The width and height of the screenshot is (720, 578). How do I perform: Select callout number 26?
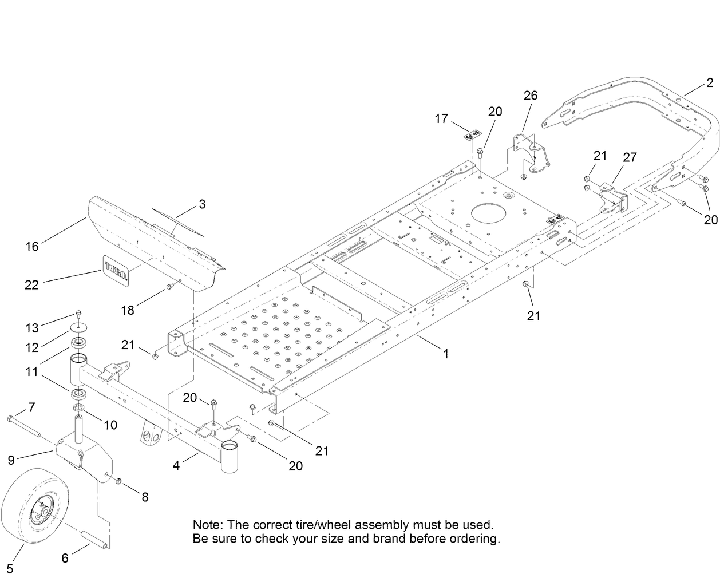531,95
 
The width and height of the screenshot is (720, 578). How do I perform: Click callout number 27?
630,157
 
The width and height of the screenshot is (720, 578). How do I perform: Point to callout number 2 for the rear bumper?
710,83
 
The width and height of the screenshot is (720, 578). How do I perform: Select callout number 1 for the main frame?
446,354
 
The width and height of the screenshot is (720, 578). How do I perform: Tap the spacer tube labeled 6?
95,539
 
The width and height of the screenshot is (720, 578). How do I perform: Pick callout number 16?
32,246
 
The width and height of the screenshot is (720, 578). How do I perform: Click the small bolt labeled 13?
78,314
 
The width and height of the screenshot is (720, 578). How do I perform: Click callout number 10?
110,425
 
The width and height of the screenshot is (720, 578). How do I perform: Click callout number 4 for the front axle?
176,466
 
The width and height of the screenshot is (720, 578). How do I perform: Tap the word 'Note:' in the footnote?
208,524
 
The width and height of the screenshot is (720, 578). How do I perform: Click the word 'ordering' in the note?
476,539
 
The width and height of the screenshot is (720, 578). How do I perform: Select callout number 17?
441,118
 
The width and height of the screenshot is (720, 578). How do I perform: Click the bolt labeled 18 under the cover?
169,286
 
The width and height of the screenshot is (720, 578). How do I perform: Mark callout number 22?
31,284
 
